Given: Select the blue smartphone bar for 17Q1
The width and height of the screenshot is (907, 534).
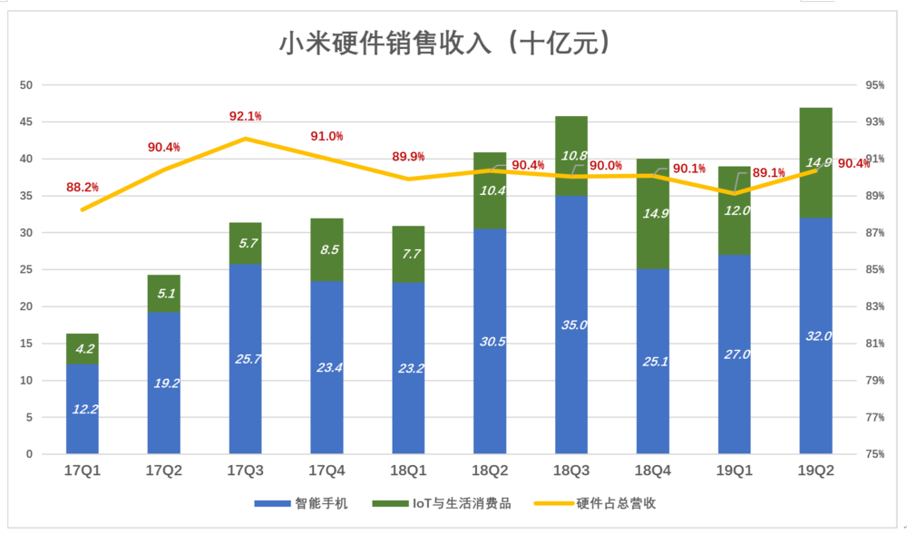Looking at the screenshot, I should [x=83, y=408].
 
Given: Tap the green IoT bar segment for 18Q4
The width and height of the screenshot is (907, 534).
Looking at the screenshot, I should [x=653, y=214].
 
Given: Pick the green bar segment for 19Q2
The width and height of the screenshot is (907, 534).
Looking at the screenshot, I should [x=815, y=163].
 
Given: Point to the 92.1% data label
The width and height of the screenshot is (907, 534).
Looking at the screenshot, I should [x=246, y=116].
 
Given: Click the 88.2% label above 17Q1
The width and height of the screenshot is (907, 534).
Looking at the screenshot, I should [x=83, y=188].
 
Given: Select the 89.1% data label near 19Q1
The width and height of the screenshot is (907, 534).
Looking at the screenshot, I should [x=768, y=172].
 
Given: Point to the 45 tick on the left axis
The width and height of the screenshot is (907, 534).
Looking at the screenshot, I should [x=26, y=122].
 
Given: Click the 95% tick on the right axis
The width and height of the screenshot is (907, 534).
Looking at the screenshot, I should [x=875, y=85].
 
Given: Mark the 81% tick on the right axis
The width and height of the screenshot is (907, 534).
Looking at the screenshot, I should [x=875, y=344].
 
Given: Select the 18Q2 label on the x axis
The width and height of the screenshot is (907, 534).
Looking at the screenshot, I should [x=490, y=471].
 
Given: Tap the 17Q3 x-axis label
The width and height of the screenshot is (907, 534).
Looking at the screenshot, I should [x=246, y=471].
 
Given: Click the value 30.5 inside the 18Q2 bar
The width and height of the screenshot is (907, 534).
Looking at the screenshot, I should [x=490, y=341].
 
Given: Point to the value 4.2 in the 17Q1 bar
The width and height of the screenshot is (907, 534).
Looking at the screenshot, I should [x=83, y=347].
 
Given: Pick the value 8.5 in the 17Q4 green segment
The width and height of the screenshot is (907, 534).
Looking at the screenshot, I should [x=327, y=250].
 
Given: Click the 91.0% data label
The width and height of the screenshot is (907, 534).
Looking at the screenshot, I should [x=327, y=136].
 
